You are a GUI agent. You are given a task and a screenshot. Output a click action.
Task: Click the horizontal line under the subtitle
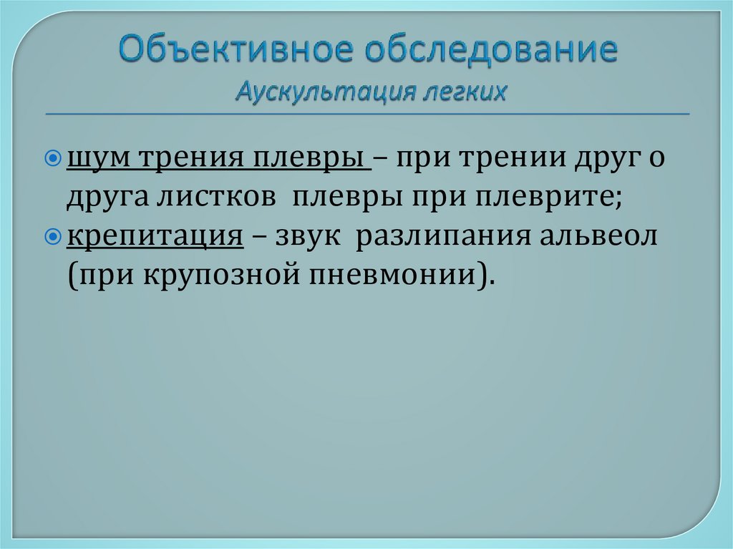(x=366, y=114)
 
